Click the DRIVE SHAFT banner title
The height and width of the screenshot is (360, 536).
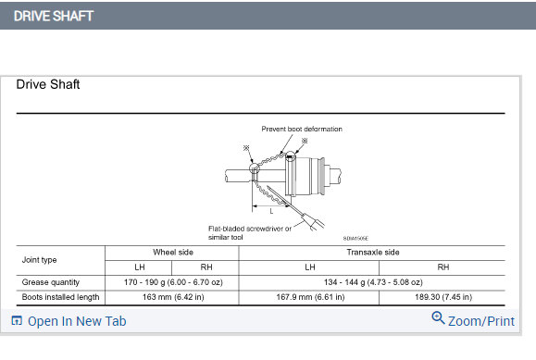coord(54,16)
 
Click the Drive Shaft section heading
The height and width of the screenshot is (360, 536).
coord(48,84)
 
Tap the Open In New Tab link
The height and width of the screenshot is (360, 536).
coord(69,321)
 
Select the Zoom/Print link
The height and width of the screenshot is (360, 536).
coord(481,321)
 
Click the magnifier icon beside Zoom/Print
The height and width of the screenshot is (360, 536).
coord(438,318)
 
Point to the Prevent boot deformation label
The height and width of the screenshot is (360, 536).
coord(302,129)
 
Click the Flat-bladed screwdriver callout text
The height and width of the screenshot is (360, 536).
coord(250,233)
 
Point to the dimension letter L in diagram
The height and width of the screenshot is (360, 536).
coord(271,211)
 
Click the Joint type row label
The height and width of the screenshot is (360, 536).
coord(39,260)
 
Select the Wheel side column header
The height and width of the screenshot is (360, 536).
coord(173,253)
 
